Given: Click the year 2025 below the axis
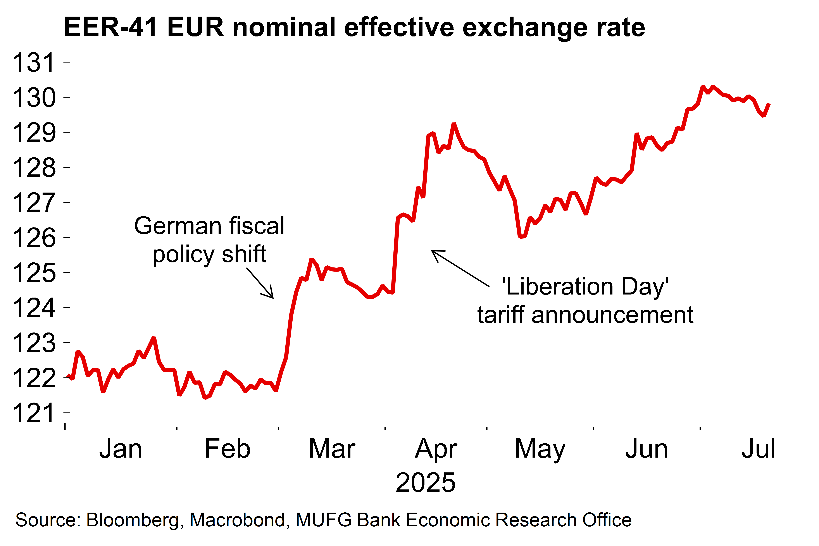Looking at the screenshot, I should coord(426,483).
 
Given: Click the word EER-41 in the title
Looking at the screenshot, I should coord(110,27).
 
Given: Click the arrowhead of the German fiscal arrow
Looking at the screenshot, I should coord(273,298).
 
